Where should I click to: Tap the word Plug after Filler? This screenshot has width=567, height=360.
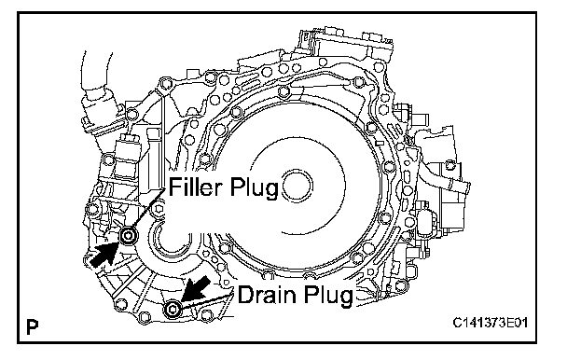point(254,188)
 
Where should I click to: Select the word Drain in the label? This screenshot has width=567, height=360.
point(266,295)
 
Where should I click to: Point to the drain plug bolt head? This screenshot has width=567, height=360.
point(173,310)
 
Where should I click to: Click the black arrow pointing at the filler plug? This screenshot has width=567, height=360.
point(104,255)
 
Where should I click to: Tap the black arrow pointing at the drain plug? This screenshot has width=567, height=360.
point(196,288)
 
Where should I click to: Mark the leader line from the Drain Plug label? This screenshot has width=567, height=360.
point(206,301)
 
